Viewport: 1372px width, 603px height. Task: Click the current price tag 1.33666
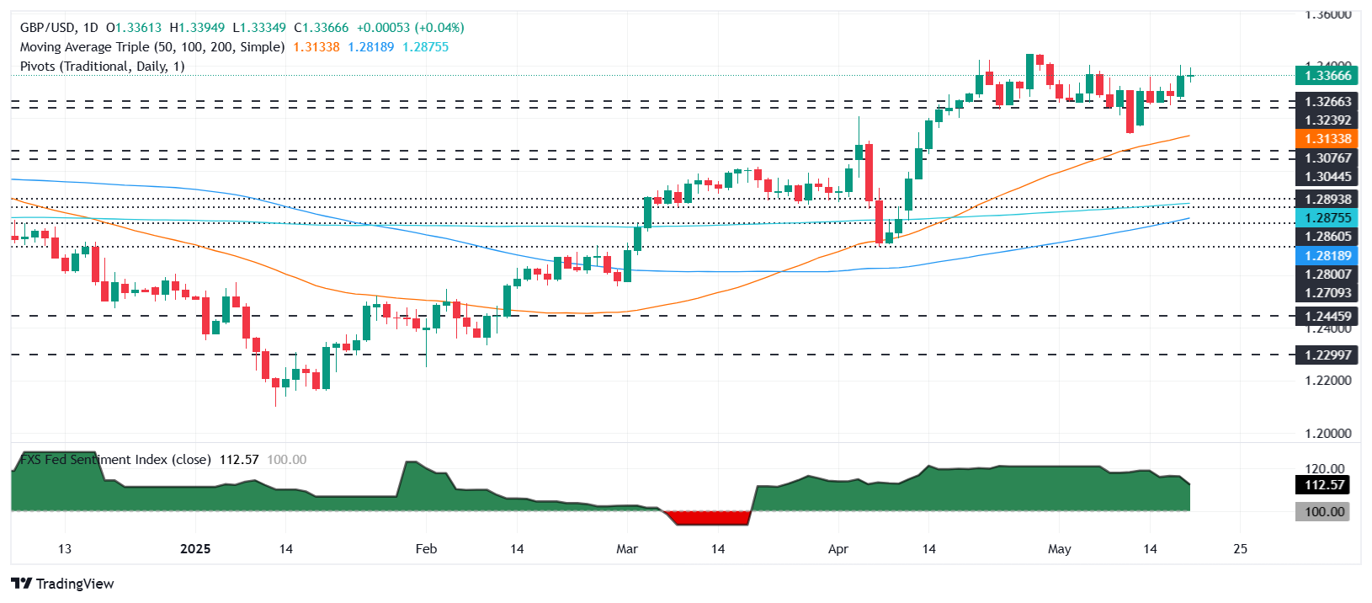coord(1327,76)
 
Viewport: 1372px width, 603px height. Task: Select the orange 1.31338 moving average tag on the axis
coord(1327,139)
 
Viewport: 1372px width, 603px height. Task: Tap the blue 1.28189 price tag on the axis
coord(1327,256)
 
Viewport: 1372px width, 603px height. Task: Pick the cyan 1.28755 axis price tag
coord(1327,218)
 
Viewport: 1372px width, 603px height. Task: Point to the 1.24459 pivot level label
coord(1327,317)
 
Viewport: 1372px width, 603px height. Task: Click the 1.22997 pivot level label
coord(1327,355)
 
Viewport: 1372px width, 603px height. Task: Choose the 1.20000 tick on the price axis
coord(1327,434)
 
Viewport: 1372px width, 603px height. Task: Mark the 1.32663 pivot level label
coord(1327,102)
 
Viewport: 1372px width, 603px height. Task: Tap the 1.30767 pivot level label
coord(1327,158)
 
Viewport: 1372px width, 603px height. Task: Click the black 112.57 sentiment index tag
coord(1324,485)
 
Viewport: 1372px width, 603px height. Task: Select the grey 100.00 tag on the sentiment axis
coord(1324,512)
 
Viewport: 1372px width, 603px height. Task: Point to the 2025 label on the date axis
coord(195,549)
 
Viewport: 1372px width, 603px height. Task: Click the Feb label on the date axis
coord(426,549)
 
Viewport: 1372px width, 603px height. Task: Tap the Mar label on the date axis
coord(626,549)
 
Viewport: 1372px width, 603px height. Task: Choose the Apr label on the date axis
coord(838,549)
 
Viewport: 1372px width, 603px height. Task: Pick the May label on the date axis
coord(1059,549)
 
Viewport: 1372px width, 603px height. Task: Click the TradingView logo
coord(63,584)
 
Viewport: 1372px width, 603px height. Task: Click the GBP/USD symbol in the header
coord(47,28)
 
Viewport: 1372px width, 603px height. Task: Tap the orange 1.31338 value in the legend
coord(316,47)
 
